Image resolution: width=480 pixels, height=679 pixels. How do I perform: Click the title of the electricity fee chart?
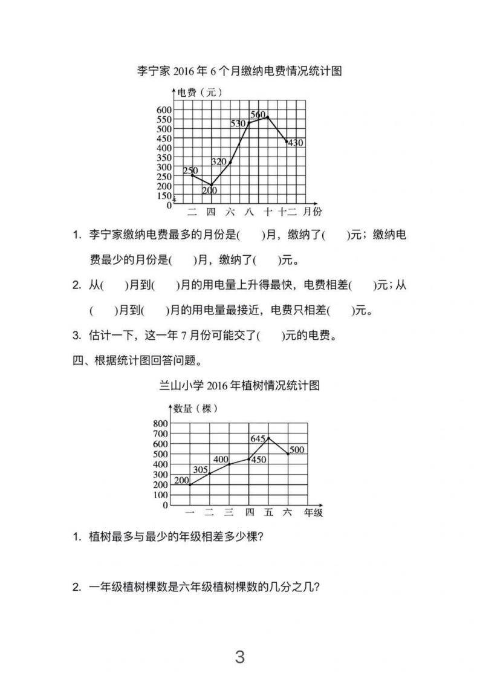pos(239,71)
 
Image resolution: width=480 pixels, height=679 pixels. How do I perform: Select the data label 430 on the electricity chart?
pos(295,143)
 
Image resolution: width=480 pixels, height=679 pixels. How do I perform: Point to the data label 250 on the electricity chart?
pos(190,171)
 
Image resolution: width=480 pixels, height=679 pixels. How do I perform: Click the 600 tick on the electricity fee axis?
pos(164,109)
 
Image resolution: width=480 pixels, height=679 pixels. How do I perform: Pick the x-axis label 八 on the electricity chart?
pos(249,212)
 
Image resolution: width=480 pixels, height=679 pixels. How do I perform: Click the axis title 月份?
pos(313,212)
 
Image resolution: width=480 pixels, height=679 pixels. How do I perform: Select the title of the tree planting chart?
pos(239,385)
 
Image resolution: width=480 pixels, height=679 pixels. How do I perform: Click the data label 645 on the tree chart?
pos(258,438)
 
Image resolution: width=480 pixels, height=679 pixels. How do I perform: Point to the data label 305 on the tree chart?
pos(200,469)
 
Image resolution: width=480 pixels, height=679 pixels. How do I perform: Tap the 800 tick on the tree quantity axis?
pos(161,423)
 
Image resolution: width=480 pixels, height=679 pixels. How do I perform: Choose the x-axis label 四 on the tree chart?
pos(249,512)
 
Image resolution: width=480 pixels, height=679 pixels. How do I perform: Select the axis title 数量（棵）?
pos(196,408)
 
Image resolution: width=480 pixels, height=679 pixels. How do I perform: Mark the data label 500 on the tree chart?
pos(297,449)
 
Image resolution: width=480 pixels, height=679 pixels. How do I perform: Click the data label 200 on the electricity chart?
pos(210,190)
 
